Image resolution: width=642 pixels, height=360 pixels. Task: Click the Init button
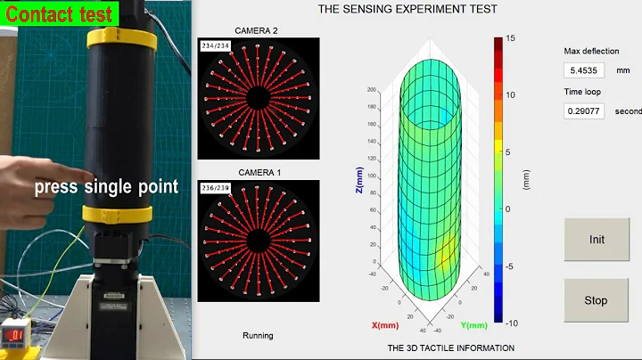point(596,240)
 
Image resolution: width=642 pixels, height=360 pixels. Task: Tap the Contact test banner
point(60,13)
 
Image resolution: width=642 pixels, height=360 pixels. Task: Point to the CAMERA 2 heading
point(258,30)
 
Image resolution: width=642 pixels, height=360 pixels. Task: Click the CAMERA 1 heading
point(258,172)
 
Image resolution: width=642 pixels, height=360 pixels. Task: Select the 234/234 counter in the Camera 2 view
point(214,45)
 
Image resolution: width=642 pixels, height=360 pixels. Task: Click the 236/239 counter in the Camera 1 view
point(214,188)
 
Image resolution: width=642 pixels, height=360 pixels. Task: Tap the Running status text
point(258,336)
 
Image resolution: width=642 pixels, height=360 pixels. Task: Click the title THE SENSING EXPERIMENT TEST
point(407,10)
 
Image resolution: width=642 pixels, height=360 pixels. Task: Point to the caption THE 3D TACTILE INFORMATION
point(450,348)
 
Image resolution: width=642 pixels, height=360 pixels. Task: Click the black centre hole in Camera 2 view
point(258,97)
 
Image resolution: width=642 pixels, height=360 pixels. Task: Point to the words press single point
point(107,187)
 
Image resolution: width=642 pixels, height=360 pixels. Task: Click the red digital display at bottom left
point(17,334)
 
